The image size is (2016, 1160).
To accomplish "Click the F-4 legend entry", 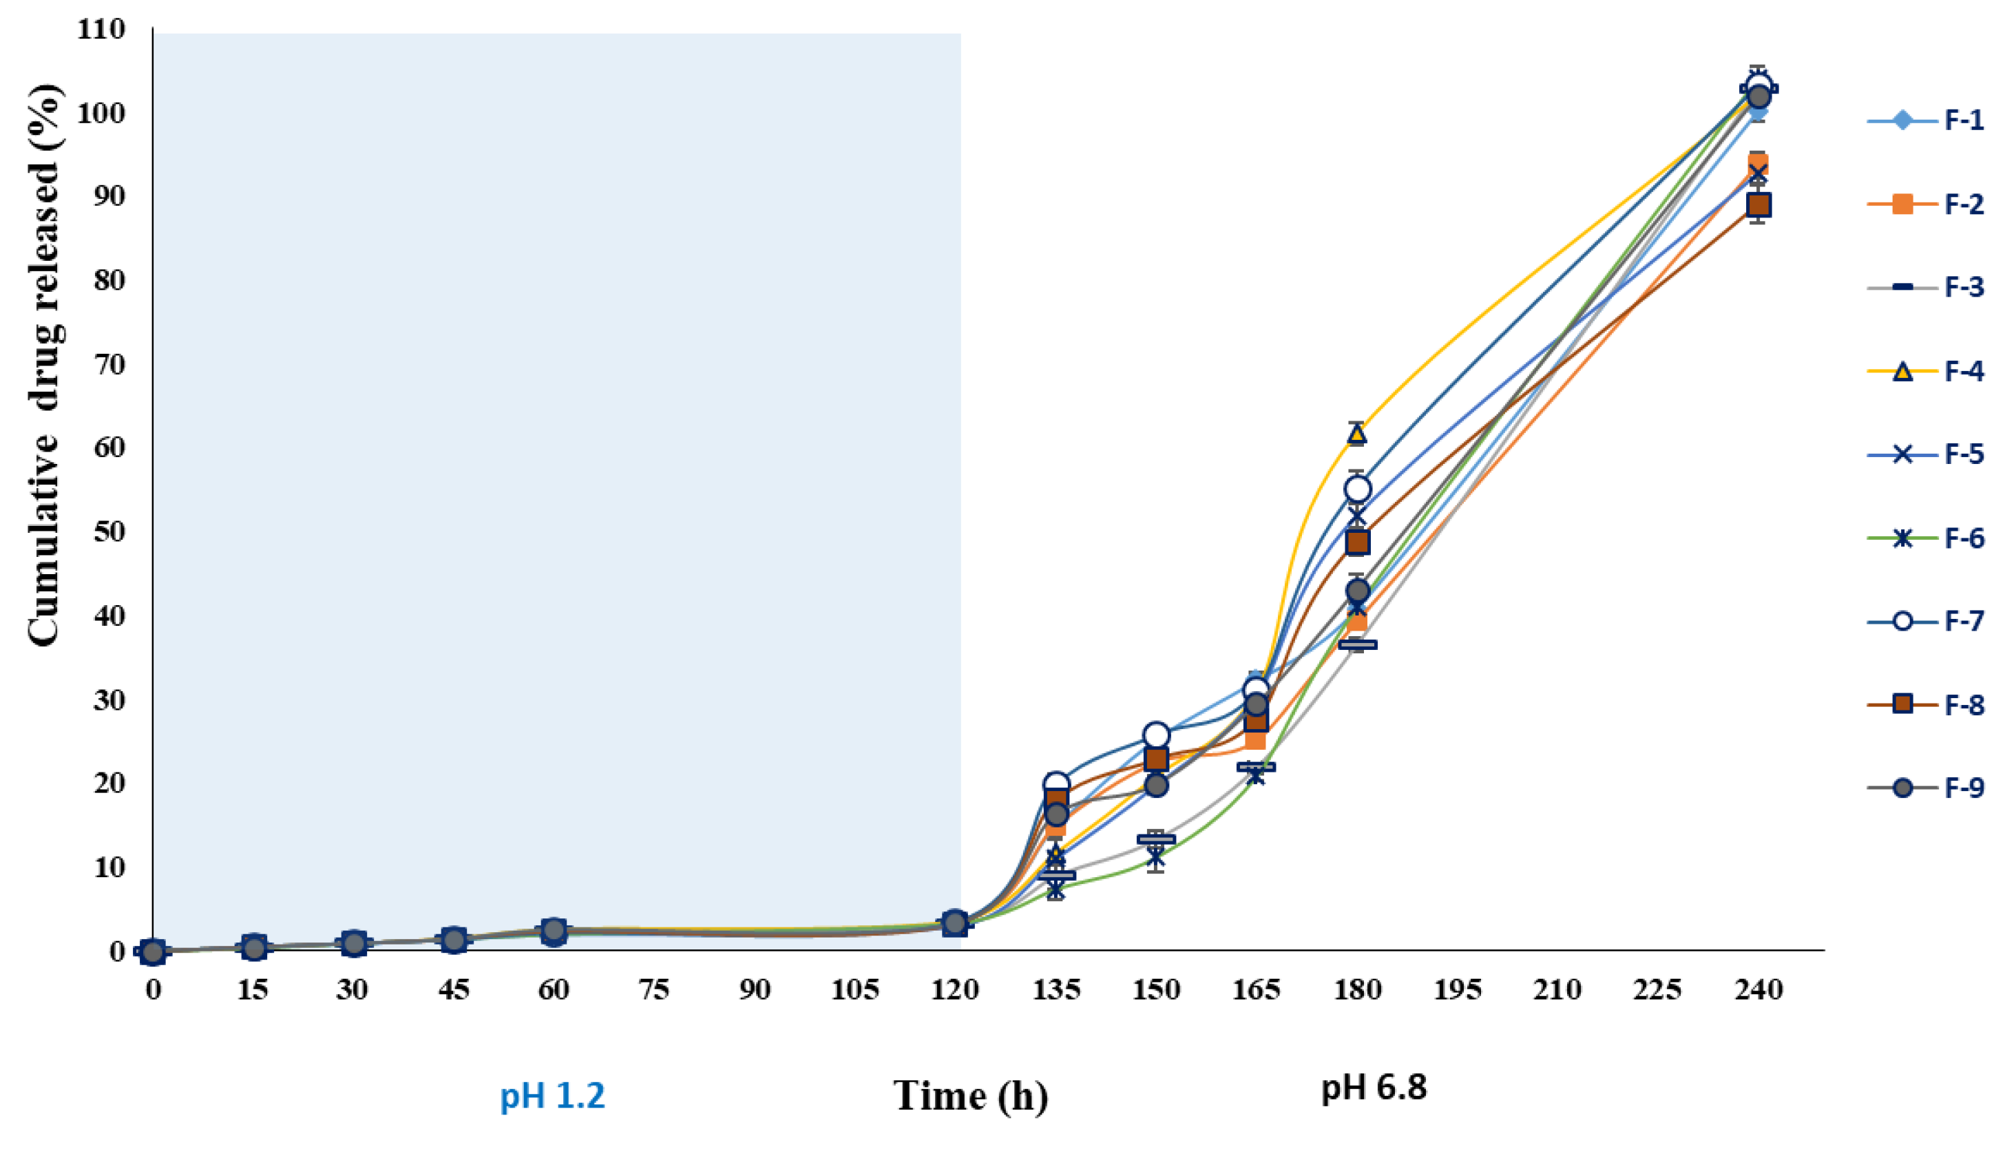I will pyautogui.click(x=1924, y=371).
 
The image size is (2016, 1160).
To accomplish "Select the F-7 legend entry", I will pyautogui.click(x=1924, y=621).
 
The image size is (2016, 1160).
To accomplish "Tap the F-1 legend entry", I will pyautogui.click(x=1924, y=121).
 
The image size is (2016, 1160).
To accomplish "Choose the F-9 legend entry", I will pyautogui.click(x=1924, y=788).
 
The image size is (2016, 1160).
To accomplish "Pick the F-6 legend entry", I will pyautogui.click(x=1924, y=538).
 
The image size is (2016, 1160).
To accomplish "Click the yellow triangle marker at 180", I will pyautogui.click(x=1356, y=434).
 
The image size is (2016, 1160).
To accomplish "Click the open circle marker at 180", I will pyautogui.click(x=1357, y=488).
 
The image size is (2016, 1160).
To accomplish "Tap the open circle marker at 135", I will pyautogui.click(x=1056, y=785).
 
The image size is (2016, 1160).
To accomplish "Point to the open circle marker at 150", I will pyautogui.click(x=1156, y=735).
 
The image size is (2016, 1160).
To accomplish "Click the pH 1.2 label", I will pyautogui.click(x=552, y=1096).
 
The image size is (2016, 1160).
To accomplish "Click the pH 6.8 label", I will pyautogui.click(x=1374, y=1088).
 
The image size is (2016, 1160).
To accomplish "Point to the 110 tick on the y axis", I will pyautogui.click(x=101, y=30).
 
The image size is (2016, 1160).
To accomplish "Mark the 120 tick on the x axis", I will pyautogui.click(x=954, y=990).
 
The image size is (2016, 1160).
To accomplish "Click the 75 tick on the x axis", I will pyautogui.click(x=653, y=990).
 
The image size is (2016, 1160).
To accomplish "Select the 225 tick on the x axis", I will pyautogui.click(x=1657, y=990).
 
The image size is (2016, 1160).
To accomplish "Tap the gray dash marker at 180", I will pyautogui.click(x=1357, y=644).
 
